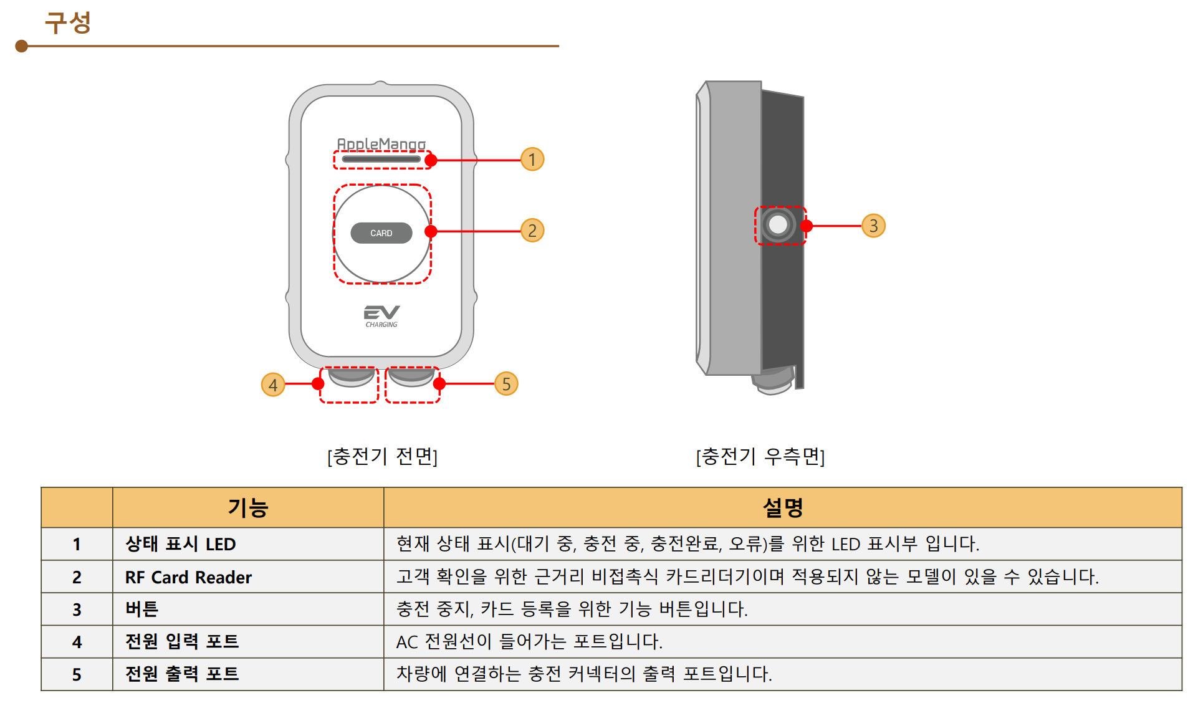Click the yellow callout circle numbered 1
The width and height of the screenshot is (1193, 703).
[532, 160]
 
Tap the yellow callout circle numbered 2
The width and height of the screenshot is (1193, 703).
[532, 231]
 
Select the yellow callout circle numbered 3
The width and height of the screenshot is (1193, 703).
[873, 226]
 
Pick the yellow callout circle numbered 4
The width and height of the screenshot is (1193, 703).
[273, 385]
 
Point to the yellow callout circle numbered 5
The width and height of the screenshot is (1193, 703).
[506, 384]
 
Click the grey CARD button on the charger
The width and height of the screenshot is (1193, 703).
[381, 233]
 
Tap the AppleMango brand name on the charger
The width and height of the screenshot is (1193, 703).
[381, 144]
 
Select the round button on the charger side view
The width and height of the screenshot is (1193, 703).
[778, 224]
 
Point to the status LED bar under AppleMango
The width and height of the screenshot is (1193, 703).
[381, 160]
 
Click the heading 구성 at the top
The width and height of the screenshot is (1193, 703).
[68, 23]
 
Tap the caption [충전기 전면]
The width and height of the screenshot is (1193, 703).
[382, 456]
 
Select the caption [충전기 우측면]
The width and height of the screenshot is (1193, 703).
[760, 456]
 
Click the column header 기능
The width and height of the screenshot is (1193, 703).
[247, 507]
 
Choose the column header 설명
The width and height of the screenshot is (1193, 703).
[782, 507]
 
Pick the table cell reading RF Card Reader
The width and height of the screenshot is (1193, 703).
[188, 577]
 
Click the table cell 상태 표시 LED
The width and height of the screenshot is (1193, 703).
[181, 544]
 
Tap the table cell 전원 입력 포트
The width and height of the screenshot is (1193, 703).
[182, 641]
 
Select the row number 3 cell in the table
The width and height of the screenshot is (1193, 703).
[77, 610]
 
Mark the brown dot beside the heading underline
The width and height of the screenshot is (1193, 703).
[22, 46]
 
